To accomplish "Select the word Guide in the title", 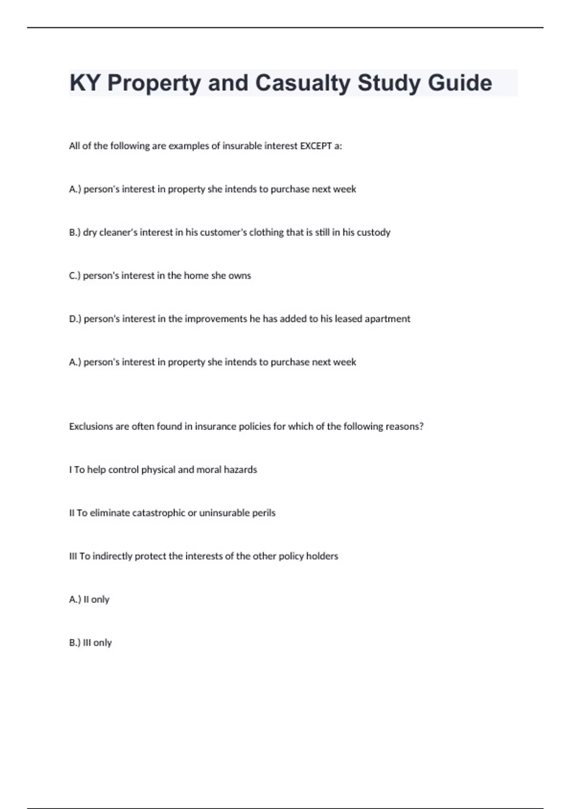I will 460,83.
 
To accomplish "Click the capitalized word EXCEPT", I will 315,146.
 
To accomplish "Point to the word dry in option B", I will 89,233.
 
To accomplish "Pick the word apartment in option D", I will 387,319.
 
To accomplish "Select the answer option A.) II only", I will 89,600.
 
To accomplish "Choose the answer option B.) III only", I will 90,643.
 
